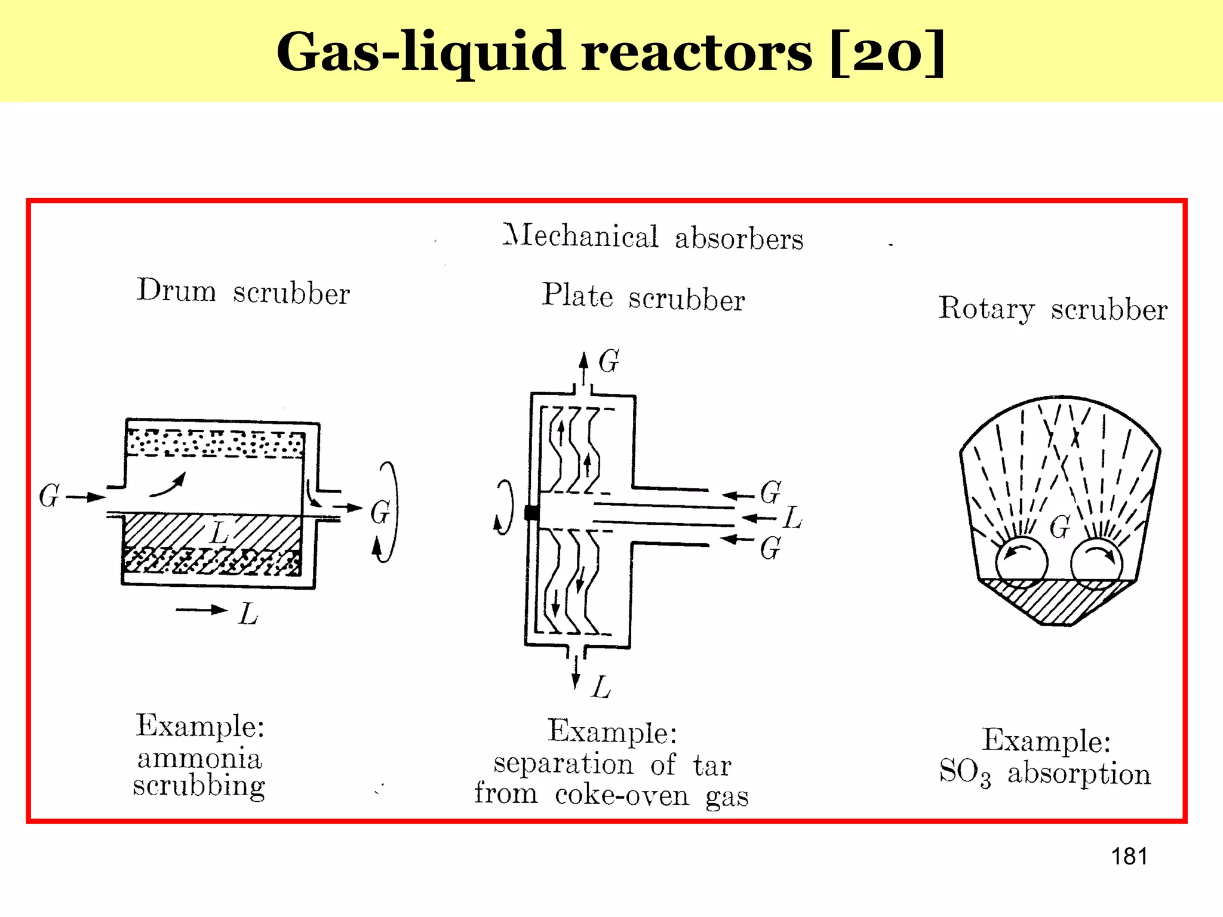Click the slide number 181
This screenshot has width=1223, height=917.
pos(1129,857)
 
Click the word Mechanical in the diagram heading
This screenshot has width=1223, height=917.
pos(580,236)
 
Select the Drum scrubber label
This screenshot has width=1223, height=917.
pos(243,291)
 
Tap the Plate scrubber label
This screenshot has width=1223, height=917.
pos(643,297)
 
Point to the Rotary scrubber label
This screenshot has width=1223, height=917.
pos(1052,309)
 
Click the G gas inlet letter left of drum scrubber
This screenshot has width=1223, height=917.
pos(49,496)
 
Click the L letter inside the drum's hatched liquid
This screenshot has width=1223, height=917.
pos(220,531)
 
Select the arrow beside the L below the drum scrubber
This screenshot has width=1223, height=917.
pos(202,610)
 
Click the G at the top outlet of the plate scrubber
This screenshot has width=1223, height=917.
pos(609,361)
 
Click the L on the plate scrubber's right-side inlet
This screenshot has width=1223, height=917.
pos(792,518)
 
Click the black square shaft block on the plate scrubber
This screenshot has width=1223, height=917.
pos(531,512)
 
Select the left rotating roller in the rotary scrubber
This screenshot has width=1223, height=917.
pos(1021,562)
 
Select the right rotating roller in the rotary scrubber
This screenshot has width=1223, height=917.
pos(1096,564)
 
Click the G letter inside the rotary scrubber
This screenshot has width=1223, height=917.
pos(1060,527)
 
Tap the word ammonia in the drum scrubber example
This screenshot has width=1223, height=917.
pos(199,759)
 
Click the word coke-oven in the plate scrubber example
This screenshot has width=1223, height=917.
pos(622,795)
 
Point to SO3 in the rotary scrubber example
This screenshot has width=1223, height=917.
pos(964,773)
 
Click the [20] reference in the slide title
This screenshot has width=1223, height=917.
pos(888,53)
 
